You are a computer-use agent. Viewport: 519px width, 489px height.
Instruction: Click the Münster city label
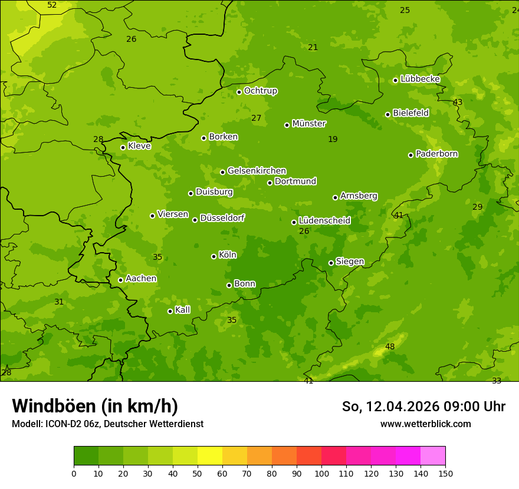point(309,124)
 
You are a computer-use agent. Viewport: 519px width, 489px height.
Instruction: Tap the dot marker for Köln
point(213,256)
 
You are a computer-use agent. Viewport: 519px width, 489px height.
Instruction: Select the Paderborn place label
point(436,154)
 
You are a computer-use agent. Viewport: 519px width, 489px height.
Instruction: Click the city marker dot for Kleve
point(123,147)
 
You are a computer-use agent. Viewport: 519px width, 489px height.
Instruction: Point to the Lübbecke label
point(420,79)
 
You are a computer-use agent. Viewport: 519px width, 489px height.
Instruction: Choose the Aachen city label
point(141,279)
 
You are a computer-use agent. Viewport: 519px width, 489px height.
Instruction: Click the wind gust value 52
point(52,5)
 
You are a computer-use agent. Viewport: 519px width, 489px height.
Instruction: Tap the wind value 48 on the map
point(390,347)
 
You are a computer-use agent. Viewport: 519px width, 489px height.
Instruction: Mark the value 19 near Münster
point(333,140)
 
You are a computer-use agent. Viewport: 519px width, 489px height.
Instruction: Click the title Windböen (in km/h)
point(95,406)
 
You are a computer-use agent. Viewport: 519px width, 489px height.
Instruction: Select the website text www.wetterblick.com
point(425,424)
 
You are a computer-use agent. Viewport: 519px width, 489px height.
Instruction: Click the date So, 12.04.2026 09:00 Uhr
point(423,407)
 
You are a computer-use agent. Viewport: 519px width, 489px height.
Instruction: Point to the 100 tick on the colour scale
point(321,473)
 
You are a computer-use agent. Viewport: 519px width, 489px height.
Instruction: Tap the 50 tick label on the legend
point(198,473)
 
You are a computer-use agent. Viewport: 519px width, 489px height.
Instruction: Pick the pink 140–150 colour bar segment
point(433,456)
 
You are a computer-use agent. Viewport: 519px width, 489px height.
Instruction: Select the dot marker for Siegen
point(331,263)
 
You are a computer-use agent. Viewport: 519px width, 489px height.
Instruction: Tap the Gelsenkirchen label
point(257,171)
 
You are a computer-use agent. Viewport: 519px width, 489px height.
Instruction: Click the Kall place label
point(182,310)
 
